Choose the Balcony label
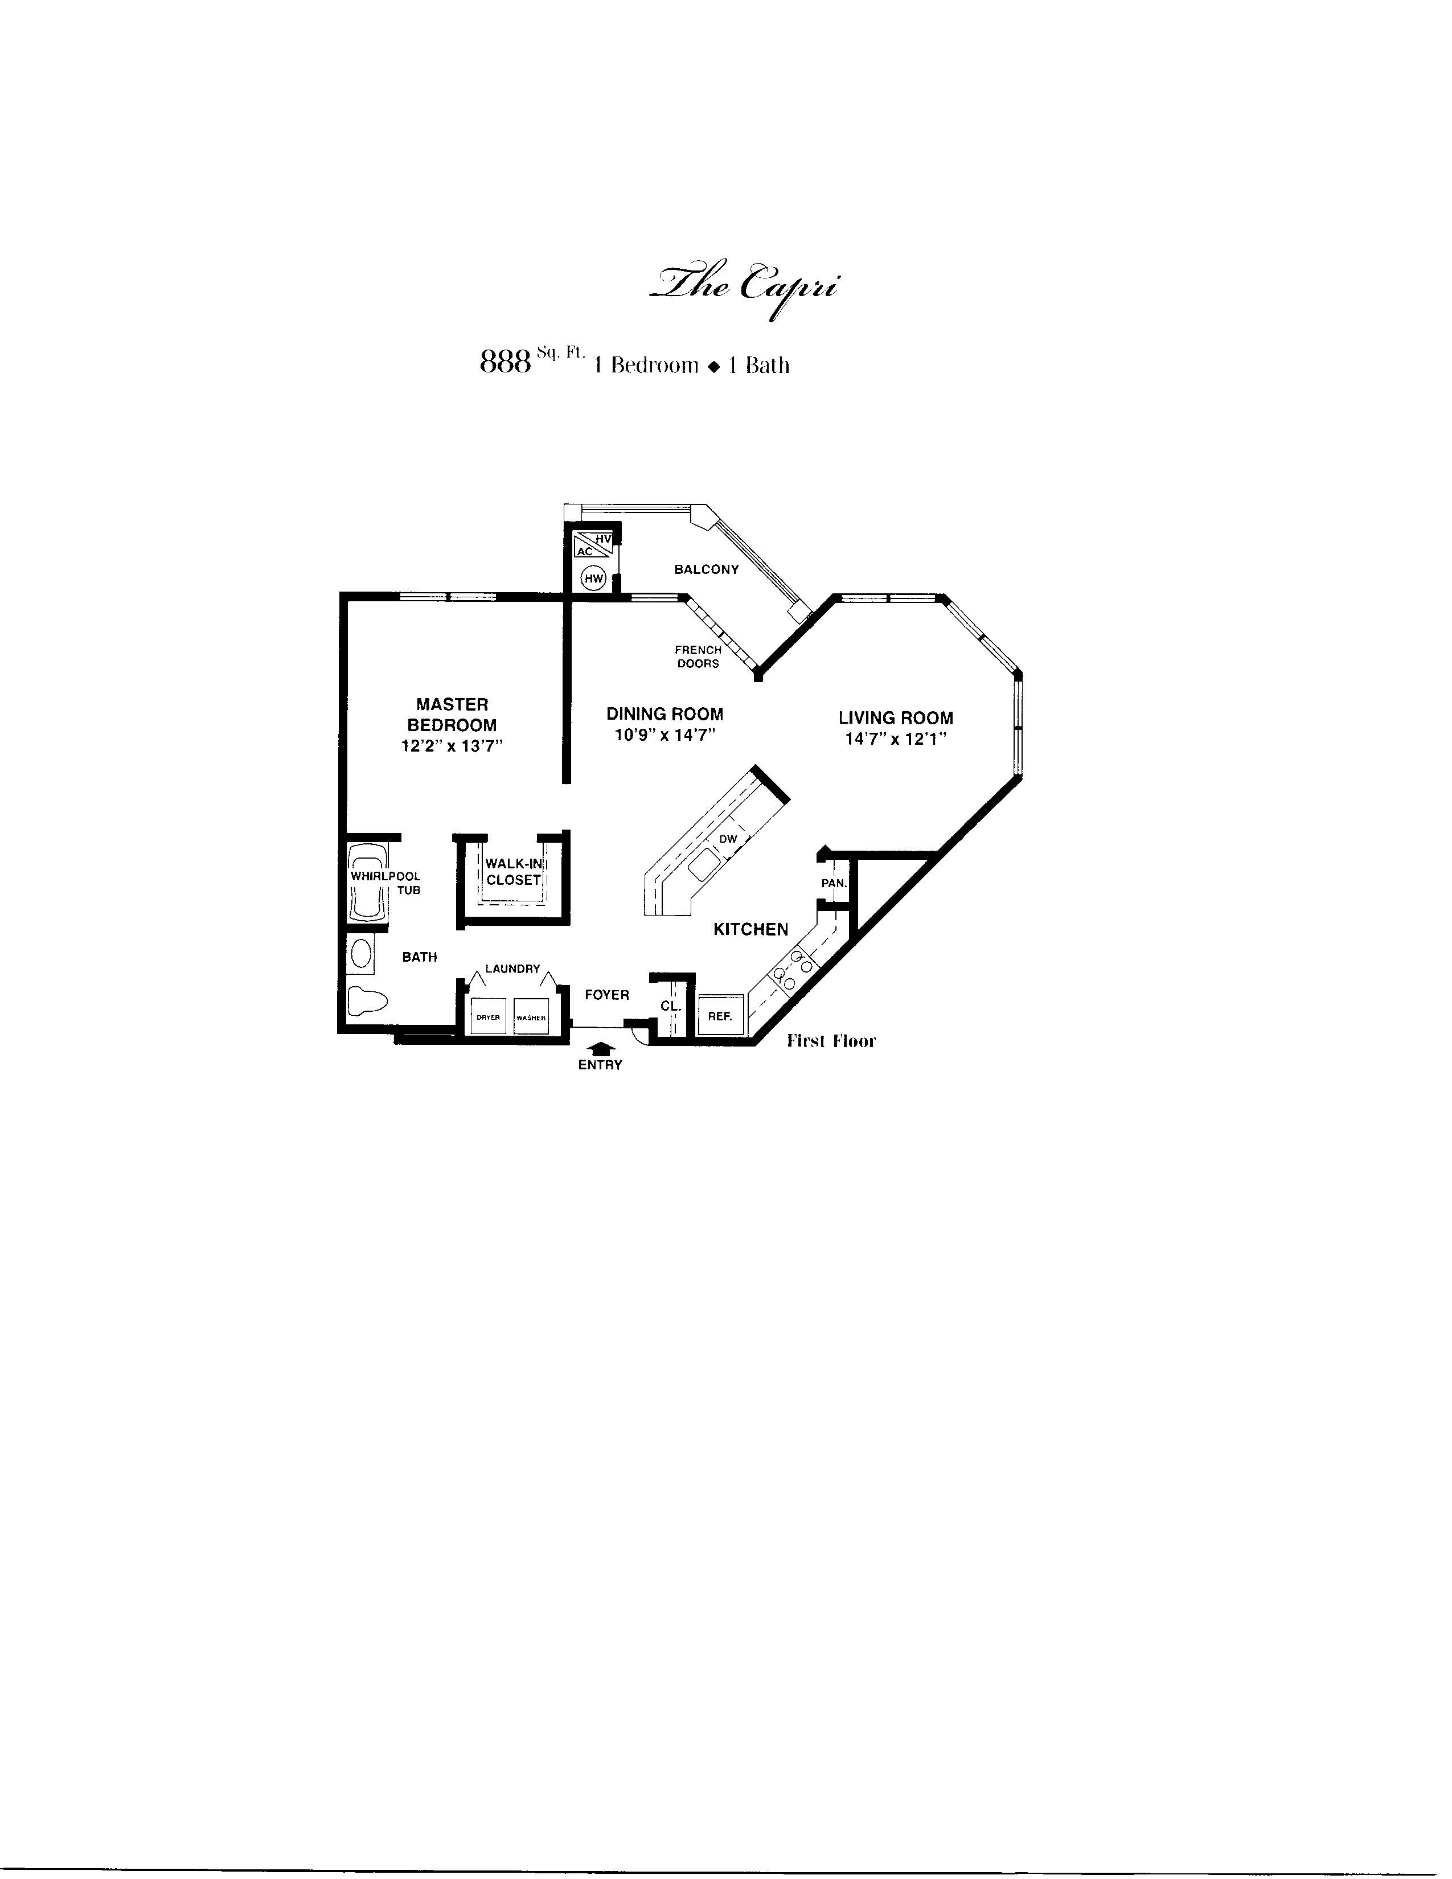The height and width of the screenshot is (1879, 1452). [706, 569]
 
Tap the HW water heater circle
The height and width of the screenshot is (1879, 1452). [593, 578]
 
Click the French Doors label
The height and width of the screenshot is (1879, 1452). [698, 657]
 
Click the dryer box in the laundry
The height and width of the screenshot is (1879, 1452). [488, 1016]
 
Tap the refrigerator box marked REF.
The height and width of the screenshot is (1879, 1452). [720, 1015]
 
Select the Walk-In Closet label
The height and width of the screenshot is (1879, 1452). [514, 872]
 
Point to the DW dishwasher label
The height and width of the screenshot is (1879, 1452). [729, 839]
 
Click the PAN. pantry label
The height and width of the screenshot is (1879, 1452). [834, 883]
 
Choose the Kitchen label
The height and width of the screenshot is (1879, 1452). [751, 929]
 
